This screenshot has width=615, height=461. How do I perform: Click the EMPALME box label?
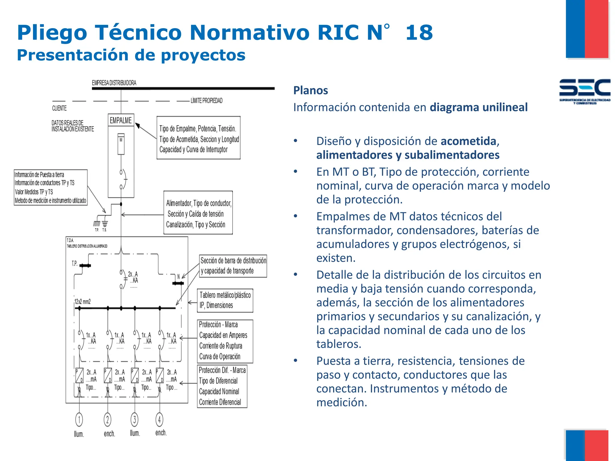pyautogui.click(x=121, y=120)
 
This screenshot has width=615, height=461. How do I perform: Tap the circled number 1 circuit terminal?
pyautogui.click(x=79, y=420)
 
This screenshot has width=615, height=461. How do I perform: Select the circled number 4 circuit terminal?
pyautogui.click(x=159, y=420)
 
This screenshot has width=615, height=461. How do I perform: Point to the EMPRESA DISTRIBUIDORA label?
pyautogui.click(x=114, y=83)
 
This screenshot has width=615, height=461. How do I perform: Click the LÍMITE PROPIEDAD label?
pyautogui.click(x=207, y=101)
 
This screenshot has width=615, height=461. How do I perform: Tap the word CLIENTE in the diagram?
pyautogui.click(x=59, y=108)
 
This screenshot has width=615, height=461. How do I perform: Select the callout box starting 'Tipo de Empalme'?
pyautogui.click(x=198, y=138)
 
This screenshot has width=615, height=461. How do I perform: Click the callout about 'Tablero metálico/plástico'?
pyautogui.click(x=225, y=300)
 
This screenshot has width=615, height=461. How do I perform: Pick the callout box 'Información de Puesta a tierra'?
pyautogui.click(x=50, y=188)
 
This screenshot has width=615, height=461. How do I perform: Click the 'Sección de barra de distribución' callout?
pyautogui.click(x=233, y=266)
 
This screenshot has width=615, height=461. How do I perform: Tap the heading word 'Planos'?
pyautogui.click(x=311, y=90)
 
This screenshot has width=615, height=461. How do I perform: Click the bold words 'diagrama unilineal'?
pyautogui.click(x=479, y=107)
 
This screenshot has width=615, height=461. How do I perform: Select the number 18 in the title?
pyautogui.click(x=419, y=32)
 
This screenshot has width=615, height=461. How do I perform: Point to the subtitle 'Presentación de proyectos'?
pyautogui.click(x=131, y=55)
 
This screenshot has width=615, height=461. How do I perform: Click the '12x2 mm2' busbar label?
pyautogui.click(x=83, y=302)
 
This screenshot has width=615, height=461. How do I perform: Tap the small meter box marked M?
pyautogui.click(x=121, y=144)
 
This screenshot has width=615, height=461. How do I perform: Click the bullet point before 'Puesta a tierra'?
pyautogui.click(x=296, y=360)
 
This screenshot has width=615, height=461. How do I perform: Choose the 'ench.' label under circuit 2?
pyautogui.click(x=109, y=434)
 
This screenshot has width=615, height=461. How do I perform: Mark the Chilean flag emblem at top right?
pyautogui.click(x=587, y=29)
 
